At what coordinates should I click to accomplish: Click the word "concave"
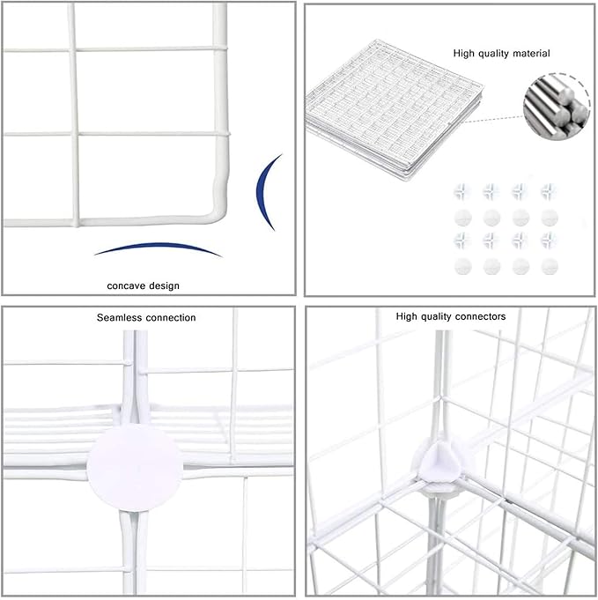coord(128,285)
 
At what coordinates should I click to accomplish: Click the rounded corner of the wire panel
coord(215,212)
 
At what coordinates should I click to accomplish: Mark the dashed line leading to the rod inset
coord(502,115)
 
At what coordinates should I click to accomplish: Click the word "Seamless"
coord(120,317)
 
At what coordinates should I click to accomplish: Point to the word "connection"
coord(170,317)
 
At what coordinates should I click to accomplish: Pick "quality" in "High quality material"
coord(491,54)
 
